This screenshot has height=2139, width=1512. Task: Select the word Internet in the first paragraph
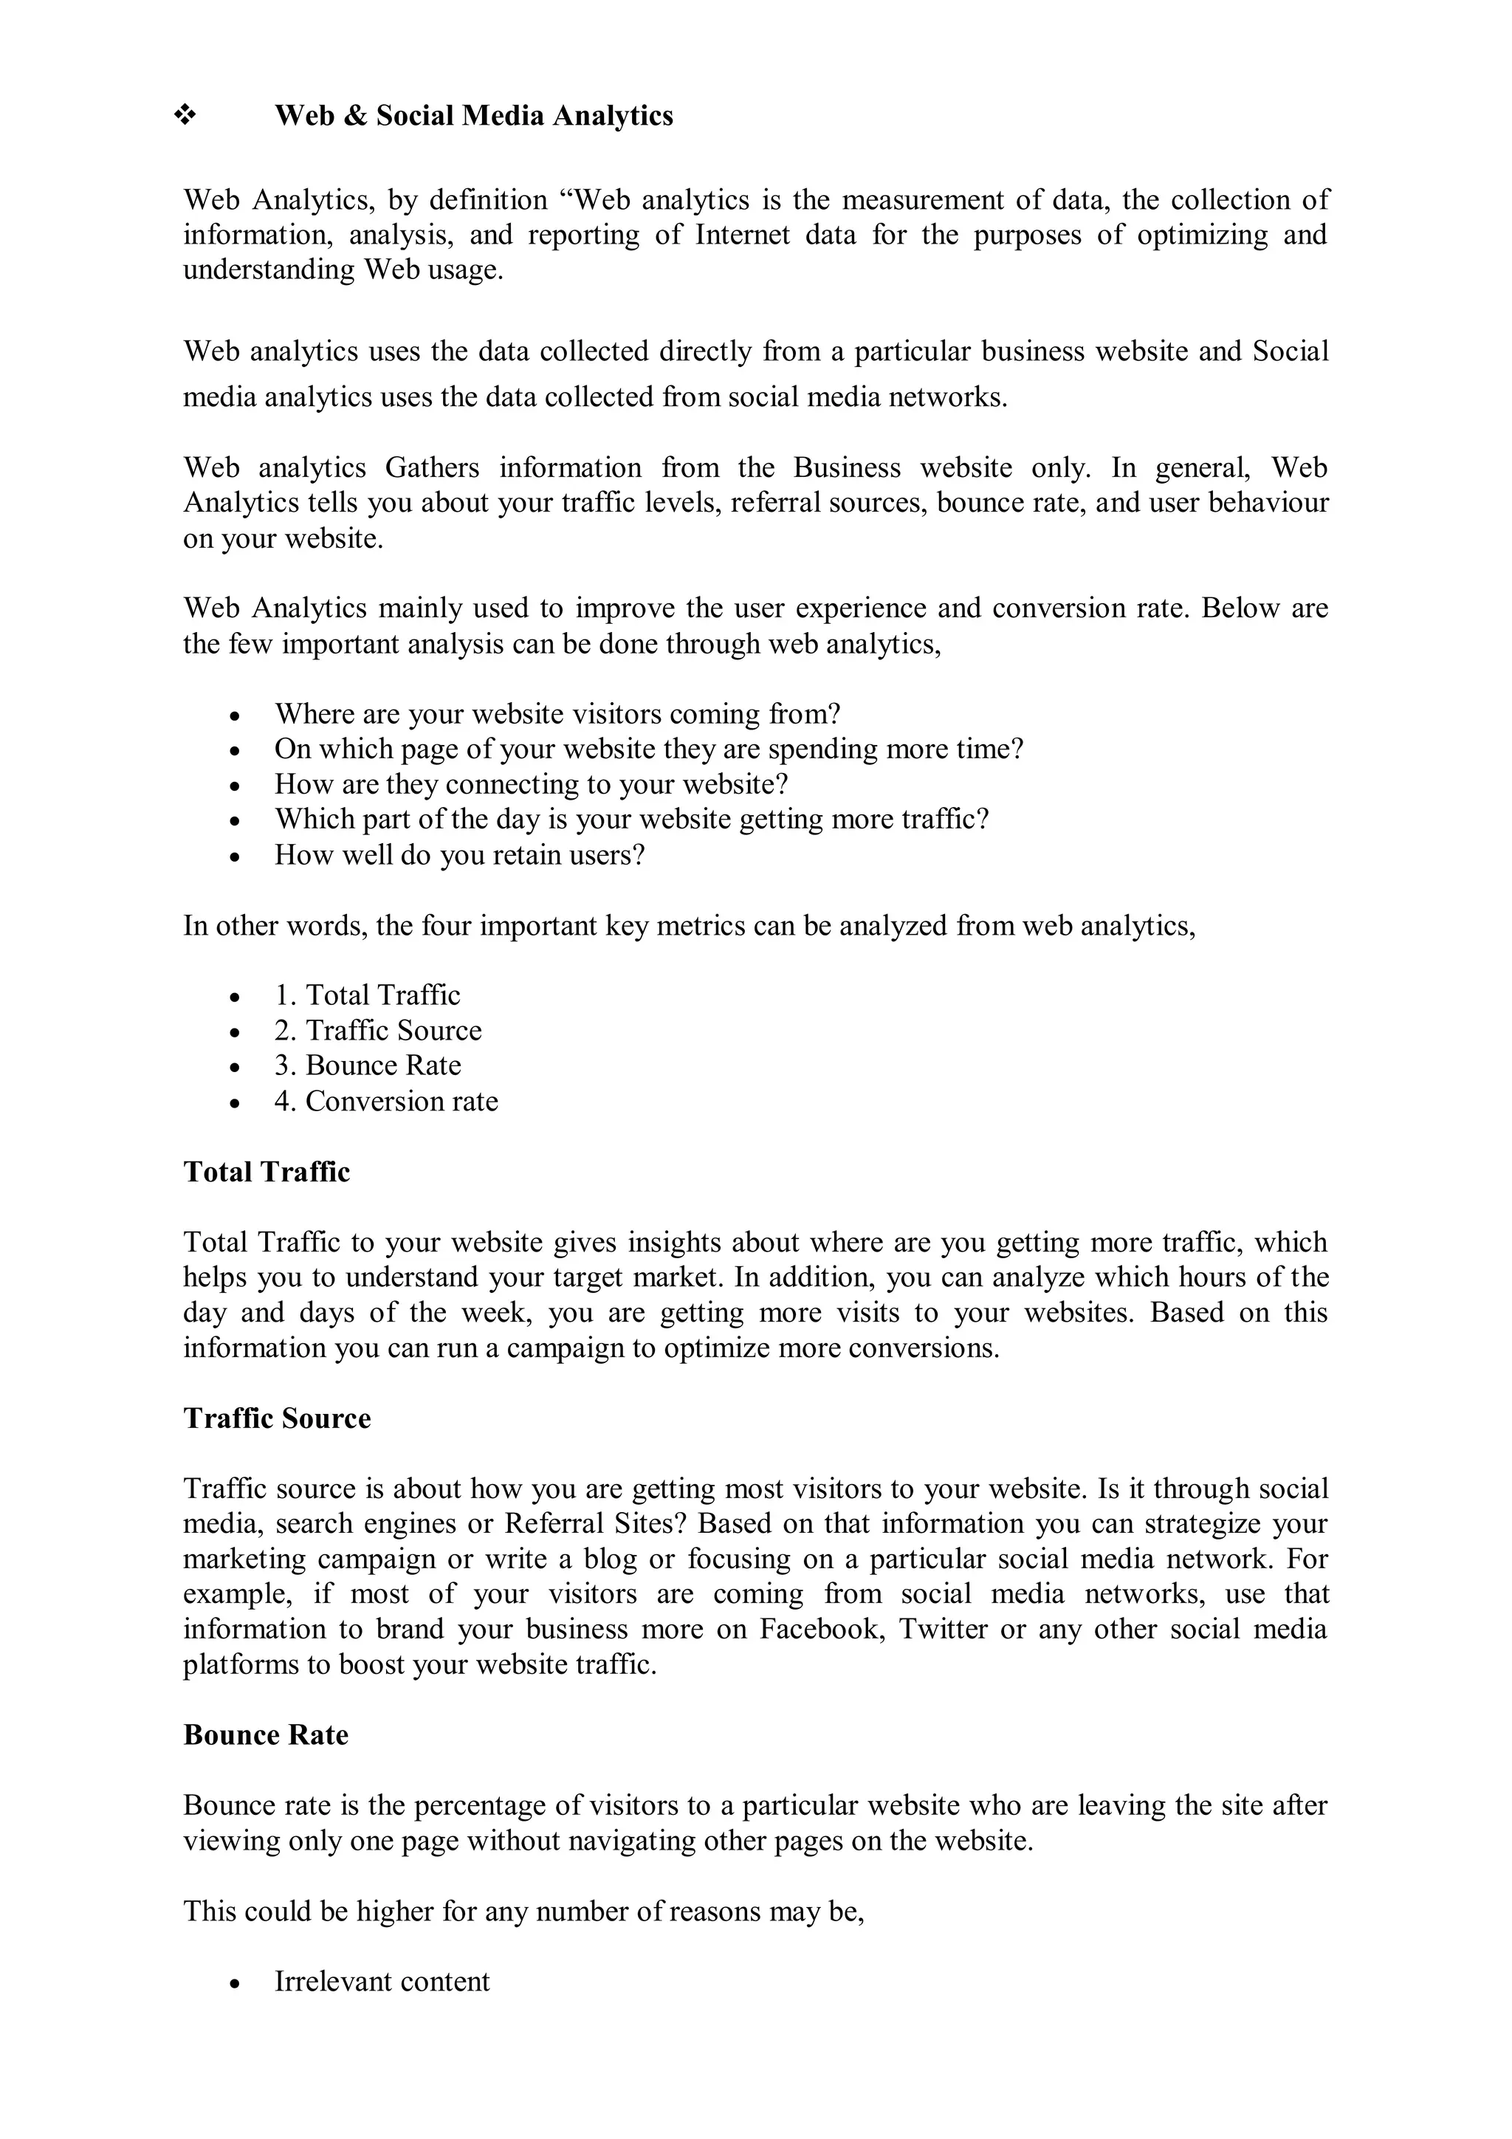(743, 235)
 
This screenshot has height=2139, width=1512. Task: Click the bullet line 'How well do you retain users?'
(459, 854)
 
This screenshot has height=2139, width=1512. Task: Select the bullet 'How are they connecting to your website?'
(531, 783)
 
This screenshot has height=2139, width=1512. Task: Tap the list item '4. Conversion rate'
(385, 1100)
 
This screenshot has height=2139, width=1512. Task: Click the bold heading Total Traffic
(267, 1171)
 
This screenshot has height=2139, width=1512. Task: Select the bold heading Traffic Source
(277, 1418)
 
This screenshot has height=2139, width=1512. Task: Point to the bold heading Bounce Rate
(266, 1734)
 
